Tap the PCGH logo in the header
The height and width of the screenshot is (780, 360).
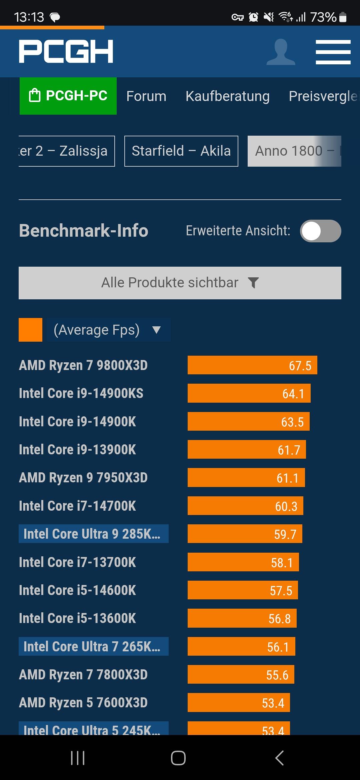66,51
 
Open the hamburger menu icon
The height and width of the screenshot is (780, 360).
333,52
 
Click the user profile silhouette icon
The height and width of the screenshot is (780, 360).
281,52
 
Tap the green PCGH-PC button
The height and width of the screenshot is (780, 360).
68,96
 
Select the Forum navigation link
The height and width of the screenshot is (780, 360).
146,96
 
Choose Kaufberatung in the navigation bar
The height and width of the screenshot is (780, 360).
227,96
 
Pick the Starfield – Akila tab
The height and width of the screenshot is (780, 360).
181,151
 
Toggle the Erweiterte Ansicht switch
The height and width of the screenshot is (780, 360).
320,231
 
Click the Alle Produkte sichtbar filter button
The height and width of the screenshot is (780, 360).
180,283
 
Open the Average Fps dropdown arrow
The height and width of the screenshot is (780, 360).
156,330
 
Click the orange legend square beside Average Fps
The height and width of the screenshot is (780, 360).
30,330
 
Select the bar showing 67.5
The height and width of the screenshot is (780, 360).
252,365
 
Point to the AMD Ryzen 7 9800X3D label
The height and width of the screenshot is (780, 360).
83,365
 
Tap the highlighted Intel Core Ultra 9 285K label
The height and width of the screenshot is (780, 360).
93,534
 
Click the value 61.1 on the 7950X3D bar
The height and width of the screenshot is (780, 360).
287,478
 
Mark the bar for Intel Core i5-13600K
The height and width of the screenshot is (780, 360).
242,618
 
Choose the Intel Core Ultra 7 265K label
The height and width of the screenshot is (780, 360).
93,647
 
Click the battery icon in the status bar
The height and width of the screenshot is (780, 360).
343,17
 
